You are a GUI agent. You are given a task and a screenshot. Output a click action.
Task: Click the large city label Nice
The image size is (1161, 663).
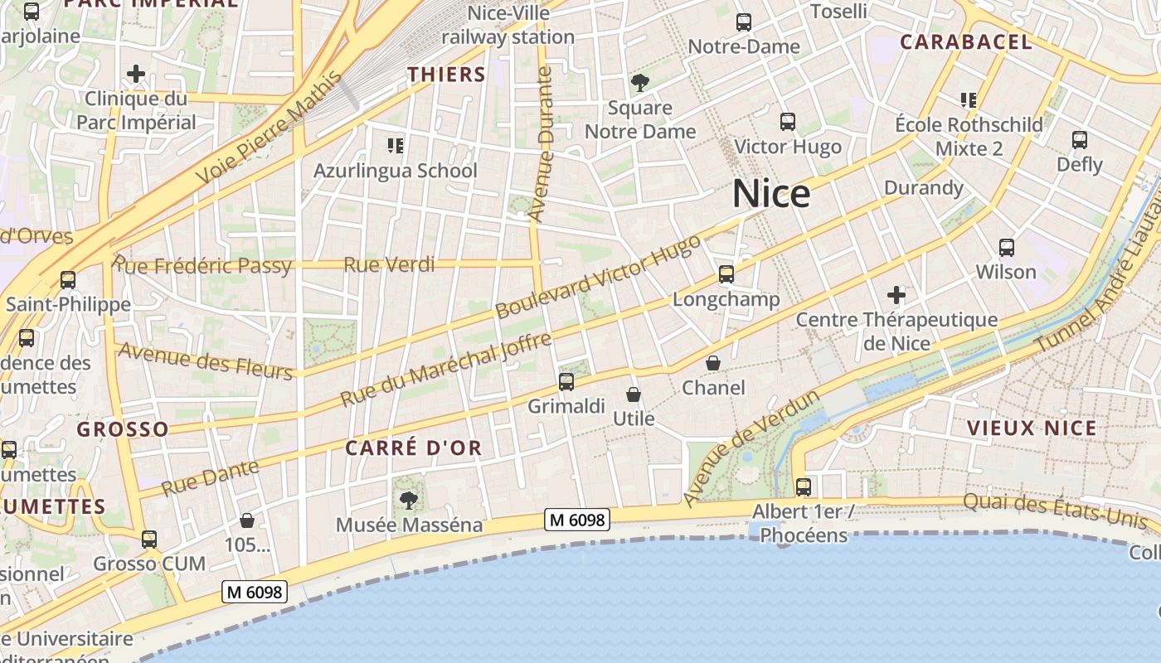771,194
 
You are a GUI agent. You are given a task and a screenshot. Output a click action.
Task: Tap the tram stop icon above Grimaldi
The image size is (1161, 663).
566,382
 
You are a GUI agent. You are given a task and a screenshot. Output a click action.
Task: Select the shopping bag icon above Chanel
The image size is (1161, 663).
713,363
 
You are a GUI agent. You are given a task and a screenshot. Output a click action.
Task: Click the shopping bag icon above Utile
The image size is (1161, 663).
634,394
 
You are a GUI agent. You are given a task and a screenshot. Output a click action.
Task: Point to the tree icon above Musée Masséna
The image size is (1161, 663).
408,500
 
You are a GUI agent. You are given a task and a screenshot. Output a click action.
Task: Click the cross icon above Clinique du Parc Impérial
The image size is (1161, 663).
136,74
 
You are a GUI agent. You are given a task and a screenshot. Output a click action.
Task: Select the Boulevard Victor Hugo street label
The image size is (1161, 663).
598,278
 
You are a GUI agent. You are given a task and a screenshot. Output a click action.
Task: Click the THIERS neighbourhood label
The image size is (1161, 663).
446,75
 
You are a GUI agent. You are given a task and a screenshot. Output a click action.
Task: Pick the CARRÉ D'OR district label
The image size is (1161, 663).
413,448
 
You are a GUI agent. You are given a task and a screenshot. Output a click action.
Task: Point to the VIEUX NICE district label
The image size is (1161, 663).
1032,428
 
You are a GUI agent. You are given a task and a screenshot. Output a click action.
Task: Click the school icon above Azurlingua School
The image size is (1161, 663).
396,147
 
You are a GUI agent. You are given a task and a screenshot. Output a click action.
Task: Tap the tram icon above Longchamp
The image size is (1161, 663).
726,274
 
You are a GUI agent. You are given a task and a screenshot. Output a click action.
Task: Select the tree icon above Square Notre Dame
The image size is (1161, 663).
639,83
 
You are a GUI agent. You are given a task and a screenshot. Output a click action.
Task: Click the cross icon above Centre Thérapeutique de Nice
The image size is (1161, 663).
896,295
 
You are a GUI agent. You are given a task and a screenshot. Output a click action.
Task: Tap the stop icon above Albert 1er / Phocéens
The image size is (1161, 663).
803,487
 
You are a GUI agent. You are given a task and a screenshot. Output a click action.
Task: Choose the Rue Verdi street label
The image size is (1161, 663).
389,265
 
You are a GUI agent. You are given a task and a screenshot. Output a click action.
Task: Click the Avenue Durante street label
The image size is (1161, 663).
540,145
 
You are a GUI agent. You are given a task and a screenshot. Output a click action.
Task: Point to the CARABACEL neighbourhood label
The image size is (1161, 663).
966,42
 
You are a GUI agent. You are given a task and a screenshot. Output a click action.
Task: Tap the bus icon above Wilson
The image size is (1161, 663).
1006,248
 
